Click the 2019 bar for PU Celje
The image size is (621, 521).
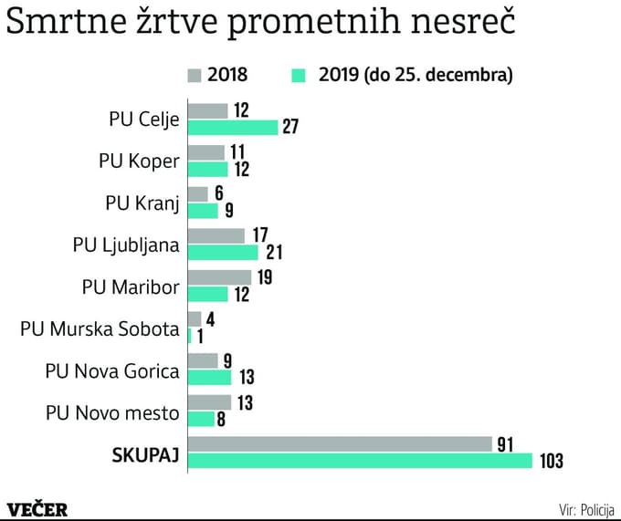click(x=232, y=128)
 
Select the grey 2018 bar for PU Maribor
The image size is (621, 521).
click(x=219, y=276)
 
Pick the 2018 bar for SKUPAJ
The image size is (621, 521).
click(x=340, y=444)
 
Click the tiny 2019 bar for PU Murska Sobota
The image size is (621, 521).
click(x=189, y=336)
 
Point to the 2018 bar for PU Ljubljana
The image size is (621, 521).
click(x=216, y=235)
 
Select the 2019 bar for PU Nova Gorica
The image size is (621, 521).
click(x=209, y=378)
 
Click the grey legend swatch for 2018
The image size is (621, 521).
click(x=194, y=75)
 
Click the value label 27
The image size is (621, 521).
click(x=290, y=128)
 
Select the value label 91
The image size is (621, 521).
click(x=504, y=443)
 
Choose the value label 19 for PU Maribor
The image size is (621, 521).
click(x=265, y=276)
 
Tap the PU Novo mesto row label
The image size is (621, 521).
click(x=112, y=412)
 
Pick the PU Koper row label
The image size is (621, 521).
click(x=139, y=162)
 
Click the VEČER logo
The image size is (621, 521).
click(x=37, y=509)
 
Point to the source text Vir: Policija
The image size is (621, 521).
click(x=586, y=509)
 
